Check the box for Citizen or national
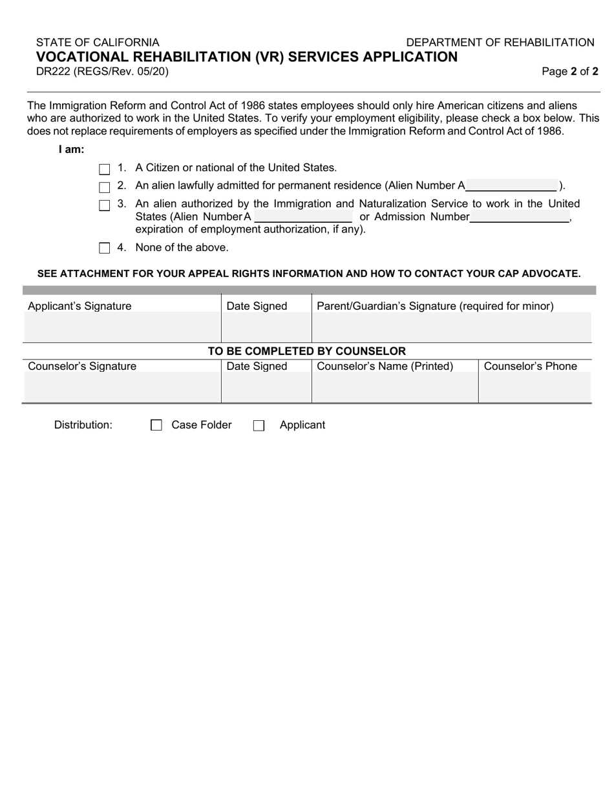105,169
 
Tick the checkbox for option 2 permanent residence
105,187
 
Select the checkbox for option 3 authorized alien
105,205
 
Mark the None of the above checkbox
105,248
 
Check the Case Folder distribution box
156,425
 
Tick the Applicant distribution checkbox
259,425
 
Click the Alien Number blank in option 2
511,186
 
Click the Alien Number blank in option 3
303,217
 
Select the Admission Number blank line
520,217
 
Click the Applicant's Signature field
122,327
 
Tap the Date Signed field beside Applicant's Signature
266,327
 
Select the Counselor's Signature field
122,387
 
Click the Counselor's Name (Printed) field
395,387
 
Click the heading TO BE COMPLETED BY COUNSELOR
306,351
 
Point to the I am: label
71,150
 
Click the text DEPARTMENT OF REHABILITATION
500,43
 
